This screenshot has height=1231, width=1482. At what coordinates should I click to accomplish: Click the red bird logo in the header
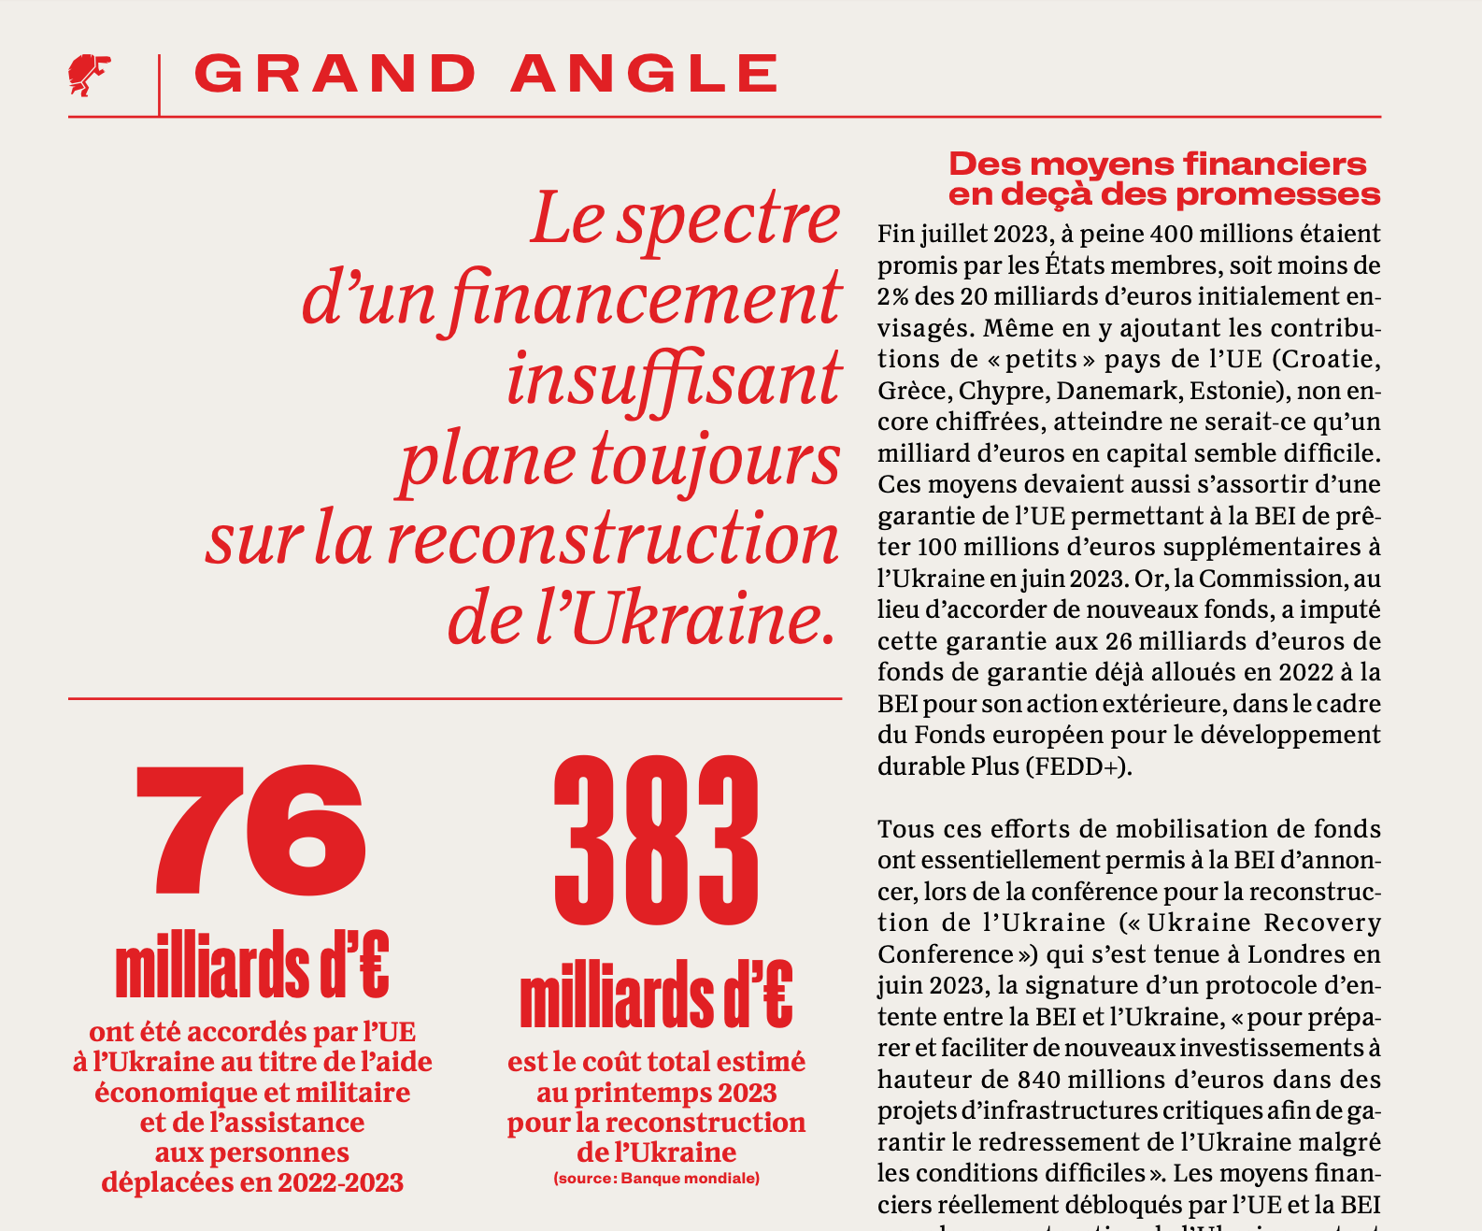(x=89, y=75)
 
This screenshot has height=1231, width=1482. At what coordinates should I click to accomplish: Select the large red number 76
(x=250, y=829)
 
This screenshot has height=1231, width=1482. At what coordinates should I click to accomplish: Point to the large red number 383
(x=656, y=841)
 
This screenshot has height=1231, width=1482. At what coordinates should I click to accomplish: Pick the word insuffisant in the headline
(x=674, y=379)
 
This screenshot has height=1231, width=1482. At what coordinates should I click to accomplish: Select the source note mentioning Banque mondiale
(x=656, y=1178)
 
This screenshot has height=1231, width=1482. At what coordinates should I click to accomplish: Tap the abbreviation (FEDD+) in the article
(x=1078, y=766)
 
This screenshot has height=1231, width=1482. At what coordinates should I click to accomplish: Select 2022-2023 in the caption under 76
(x=340, y=1182)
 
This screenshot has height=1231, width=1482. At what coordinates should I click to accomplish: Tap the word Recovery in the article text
(x=1322, y=923)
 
